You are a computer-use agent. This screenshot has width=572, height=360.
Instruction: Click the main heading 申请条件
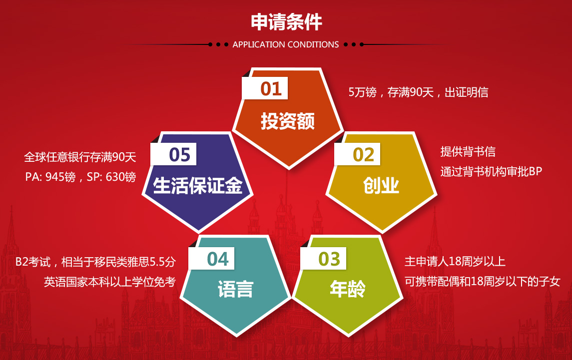(286, 22)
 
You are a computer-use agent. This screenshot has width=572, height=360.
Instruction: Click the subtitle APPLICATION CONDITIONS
(286, 44)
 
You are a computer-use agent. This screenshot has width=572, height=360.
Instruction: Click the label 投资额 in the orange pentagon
(287, 121)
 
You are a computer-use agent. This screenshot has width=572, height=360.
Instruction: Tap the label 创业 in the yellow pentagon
(381, 186)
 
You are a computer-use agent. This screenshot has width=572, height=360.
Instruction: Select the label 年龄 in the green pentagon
(348, 289)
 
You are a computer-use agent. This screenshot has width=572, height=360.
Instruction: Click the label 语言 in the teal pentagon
(235, 289)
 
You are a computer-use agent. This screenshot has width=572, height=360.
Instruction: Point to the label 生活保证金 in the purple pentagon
(198, 185)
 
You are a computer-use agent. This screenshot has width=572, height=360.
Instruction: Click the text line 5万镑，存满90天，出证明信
(419, 92)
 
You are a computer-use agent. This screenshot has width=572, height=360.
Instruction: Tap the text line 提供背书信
(468, 151)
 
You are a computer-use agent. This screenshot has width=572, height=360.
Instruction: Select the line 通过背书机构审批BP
(491, 171)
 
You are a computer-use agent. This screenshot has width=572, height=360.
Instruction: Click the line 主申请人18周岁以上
(455, 262)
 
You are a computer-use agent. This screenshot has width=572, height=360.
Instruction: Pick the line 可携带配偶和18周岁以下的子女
(482, 282)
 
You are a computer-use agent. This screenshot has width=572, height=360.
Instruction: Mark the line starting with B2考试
(95, 262)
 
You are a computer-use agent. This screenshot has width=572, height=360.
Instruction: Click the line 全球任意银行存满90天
(80, 157)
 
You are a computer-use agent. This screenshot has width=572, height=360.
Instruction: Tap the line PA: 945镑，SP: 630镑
(80, 177)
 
